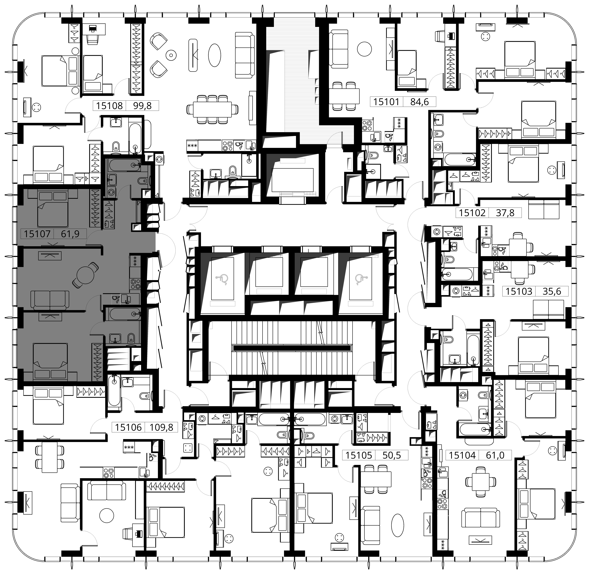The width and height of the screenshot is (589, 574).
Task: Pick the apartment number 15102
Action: pyautogui.click(x=472, y=213)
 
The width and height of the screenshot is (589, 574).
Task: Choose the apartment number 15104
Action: pyautogui.click(x=462, y=455)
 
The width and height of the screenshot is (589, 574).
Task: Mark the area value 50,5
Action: pyautogui.click(x=392, y=455)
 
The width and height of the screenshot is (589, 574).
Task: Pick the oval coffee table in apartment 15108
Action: pyautogui.click(x=214, y=55)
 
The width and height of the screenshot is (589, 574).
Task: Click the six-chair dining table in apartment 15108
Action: pyautogui.click(x=212, y=109)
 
